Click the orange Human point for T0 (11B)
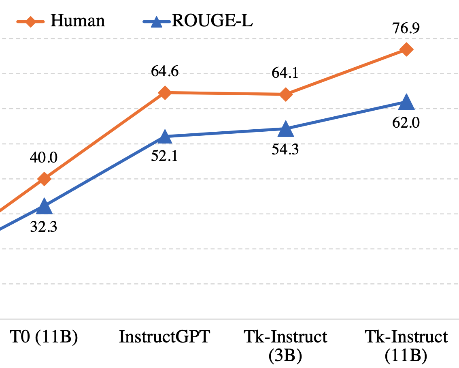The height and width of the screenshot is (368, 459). [x=44, y=179]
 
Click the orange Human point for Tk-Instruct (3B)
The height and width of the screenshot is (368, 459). [x=285, y=95]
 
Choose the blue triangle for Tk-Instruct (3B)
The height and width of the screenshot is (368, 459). [x=285, y=129]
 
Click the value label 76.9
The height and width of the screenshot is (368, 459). [x=406, y=29]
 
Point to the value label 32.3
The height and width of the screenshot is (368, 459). [x=44, y=226]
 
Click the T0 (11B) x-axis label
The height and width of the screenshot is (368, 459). [x=43, y=337]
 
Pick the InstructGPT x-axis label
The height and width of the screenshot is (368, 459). [x=164, y=337]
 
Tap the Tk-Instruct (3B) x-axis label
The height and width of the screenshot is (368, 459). [x=285, y=346]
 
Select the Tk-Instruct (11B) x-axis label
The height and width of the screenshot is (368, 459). [x=406, y=346]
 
